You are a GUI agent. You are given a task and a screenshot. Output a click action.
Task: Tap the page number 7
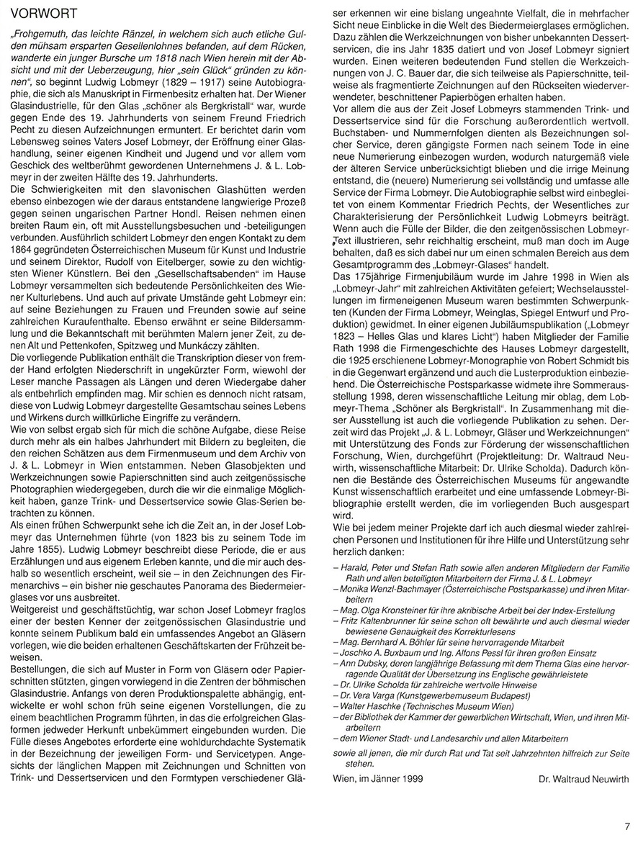click(627, 827)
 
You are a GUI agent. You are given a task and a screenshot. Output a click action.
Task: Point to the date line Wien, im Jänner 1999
click(378, 778)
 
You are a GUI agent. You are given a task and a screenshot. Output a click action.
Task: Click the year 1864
click(22, 251)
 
